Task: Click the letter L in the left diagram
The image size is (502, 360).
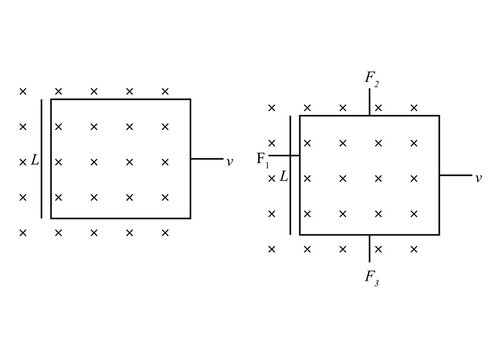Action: [x=34, y=160]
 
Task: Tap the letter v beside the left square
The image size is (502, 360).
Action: [x=230, y=160]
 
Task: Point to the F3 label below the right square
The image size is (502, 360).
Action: [x=372, y=276]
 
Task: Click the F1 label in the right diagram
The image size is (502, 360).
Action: [x=262, y=158]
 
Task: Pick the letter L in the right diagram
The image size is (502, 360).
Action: [x=283, y=176]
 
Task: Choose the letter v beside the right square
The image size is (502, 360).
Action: [x=478, y=177]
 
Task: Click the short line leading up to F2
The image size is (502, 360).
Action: [x=370, y=105]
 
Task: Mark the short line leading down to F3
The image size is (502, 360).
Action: [x=370, y=248]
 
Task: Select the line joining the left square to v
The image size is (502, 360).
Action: [x=205, y=159]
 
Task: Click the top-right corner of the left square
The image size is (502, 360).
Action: [x=190, y=99]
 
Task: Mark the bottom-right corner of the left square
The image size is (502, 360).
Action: [x=190, y=218]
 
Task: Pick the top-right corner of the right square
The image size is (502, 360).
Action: [x=439, y=116]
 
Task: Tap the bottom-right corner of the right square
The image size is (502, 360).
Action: [x=439, y=235]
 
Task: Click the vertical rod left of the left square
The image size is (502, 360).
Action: [x=42, y=158]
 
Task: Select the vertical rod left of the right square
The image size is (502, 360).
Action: [x=291, y=175]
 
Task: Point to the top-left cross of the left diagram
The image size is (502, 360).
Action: [x=23, y=91]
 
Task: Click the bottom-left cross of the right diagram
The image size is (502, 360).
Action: [x=272, y=249]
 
